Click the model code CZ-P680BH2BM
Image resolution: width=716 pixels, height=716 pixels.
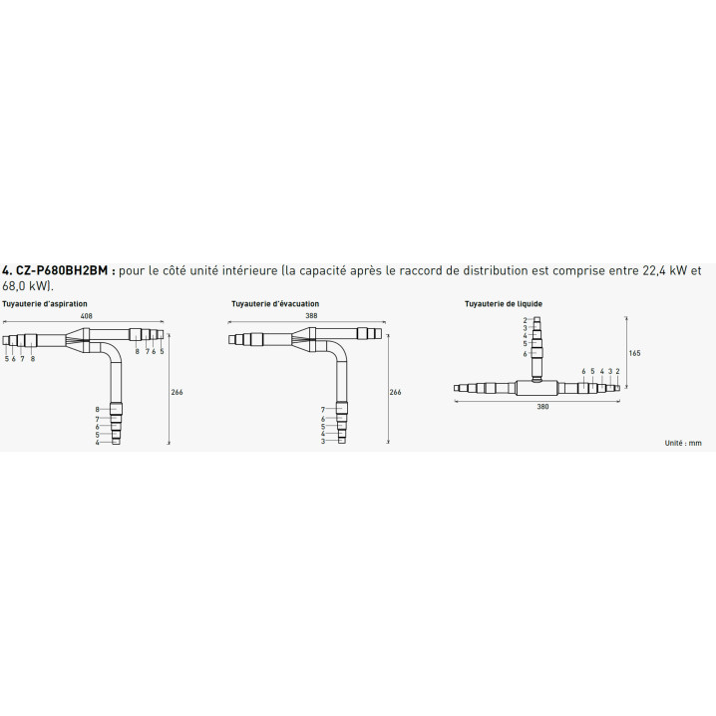(62, 271)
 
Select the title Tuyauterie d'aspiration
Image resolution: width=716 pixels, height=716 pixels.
(45, 304)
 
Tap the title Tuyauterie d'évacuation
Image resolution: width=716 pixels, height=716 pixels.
(275, 304)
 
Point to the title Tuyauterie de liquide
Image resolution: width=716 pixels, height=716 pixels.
(504, 304)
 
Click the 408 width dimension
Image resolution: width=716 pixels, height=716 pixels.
(87, 315)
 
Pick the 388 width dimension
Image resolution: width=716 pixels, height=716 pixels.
(311, 315)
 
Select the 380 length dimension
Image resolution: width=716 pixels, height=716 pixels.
(542, 407)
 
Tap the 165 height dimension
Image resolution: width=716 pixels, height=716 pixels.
(634, 353)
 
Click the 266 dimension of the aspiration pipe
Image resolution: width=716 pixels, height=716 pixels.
(177, 392)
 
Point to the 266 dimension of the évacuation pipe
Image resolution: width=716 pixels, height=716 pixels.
(396, 392)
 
